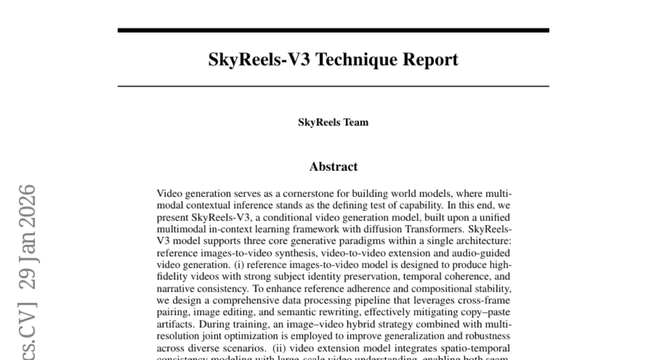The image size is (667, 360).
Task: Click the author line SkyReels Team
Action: tap(333, 123)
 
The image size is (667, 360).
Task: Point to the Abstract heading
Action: tap(333, 167)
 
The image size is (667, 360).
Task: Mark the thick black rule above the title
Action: tap(333, 30)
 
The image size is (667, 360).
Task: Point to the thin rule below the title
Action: tap(333, 86)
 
